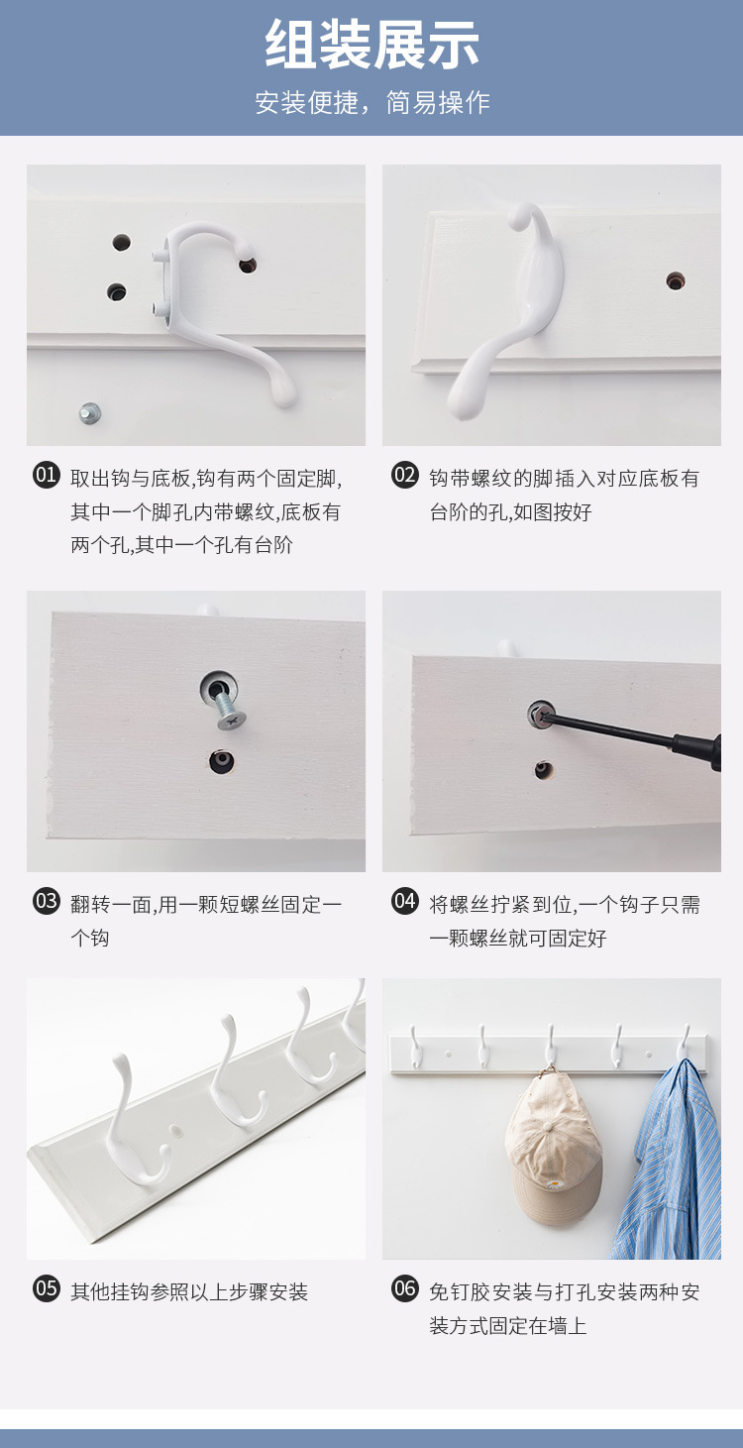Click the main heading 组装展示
[x=371, y=46]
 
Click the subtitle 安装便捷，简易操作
[x=371, y=102]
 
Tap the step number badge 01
[x=47, y=475]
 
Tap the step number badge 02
[x=404, y=475]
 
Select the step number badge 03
[x=47, y=901]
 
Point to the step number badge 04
[x=404, y=901]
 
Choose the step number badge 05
[x=47, y=1288]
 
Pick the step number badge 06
[x=404, y=1288]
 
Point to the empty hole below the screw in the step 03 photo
[x=221, y=760]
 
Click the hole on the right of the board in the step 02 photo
[x=676, y=280]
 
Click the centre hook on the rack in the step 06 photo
[x=551, y=1046]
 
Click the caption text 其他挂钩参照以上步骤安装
[x=189, y=1291]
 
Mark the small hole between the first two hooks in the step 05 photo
[x=175, y=1127]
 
